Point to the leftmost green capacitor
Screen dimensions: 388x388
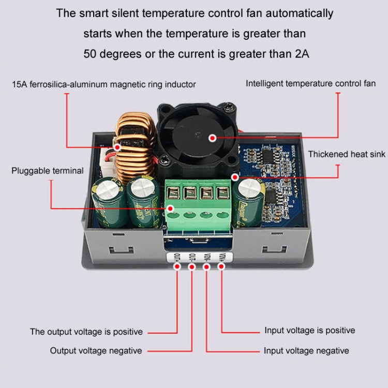(110, 202)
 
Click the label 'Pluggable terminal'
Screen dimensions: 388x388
(48, 171)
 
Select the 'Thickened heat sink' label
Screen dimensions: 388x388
(347, 154)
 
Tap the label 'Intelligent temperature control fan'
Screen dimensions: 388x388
(310, 83)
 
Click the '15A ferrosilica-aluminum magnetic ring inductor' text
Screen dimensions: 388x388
(104, 84)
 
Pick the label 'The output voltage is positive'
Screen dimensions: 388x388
(86, 332)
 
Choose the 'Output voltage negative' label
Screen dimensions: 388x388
(96, 351)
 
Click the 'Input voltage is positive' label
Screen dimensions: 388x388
(310, 330)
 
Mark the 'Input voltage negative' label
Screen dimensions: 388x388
(306, 351)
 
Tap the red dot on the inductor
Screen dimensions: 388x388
(118, 147)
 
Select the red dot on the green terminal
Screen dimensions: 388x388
(170, 208)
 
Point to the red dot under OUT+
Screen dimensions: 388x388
(177, 266)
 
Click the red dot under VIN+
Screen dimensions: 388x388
(221, 266)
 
